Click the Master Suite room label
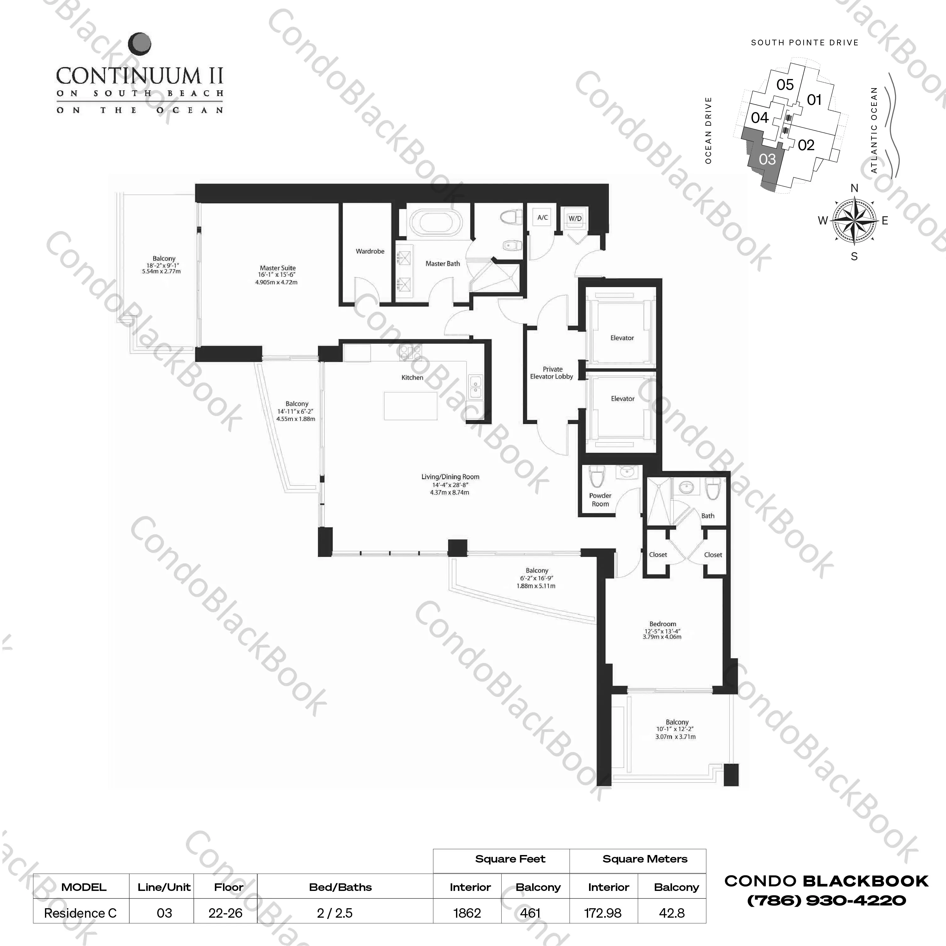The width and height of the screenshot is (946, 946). pyautogui.click(x=278, y=268)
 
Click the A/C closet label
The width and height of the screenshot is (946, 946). pyautogui.click(x=543, y=217)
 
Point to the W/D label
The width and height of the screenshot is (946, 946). pyautogui.click(x=575, y=218)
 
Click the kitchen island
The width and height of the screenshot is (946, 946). pyautogui.click(x=410, y=405)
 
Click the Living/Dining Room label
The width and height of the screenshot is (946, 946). pyautogui.click(x=450, y=477)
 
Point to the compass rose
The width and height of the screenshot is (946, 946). pyautogui.click(x=854, y=221)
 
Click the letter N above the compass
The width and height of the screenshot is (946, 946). pyautogui.click(x=854, y=189)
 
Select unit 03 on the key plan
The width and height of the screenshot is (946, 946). pyautogui.click(x=767, y=159)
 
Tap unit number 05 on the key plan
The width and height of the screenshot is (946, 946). pyautogui.click(x=785, y=85)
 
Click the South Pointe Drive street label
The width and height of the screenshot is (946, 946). pyautogui.click(x=804, y=42)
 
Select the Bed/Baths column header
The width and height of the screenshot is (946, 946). pyautogui.click(x=340, y=887)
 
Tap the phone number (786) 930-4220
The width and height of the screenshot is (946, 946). pyautogui.click(x=826, y=900)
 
